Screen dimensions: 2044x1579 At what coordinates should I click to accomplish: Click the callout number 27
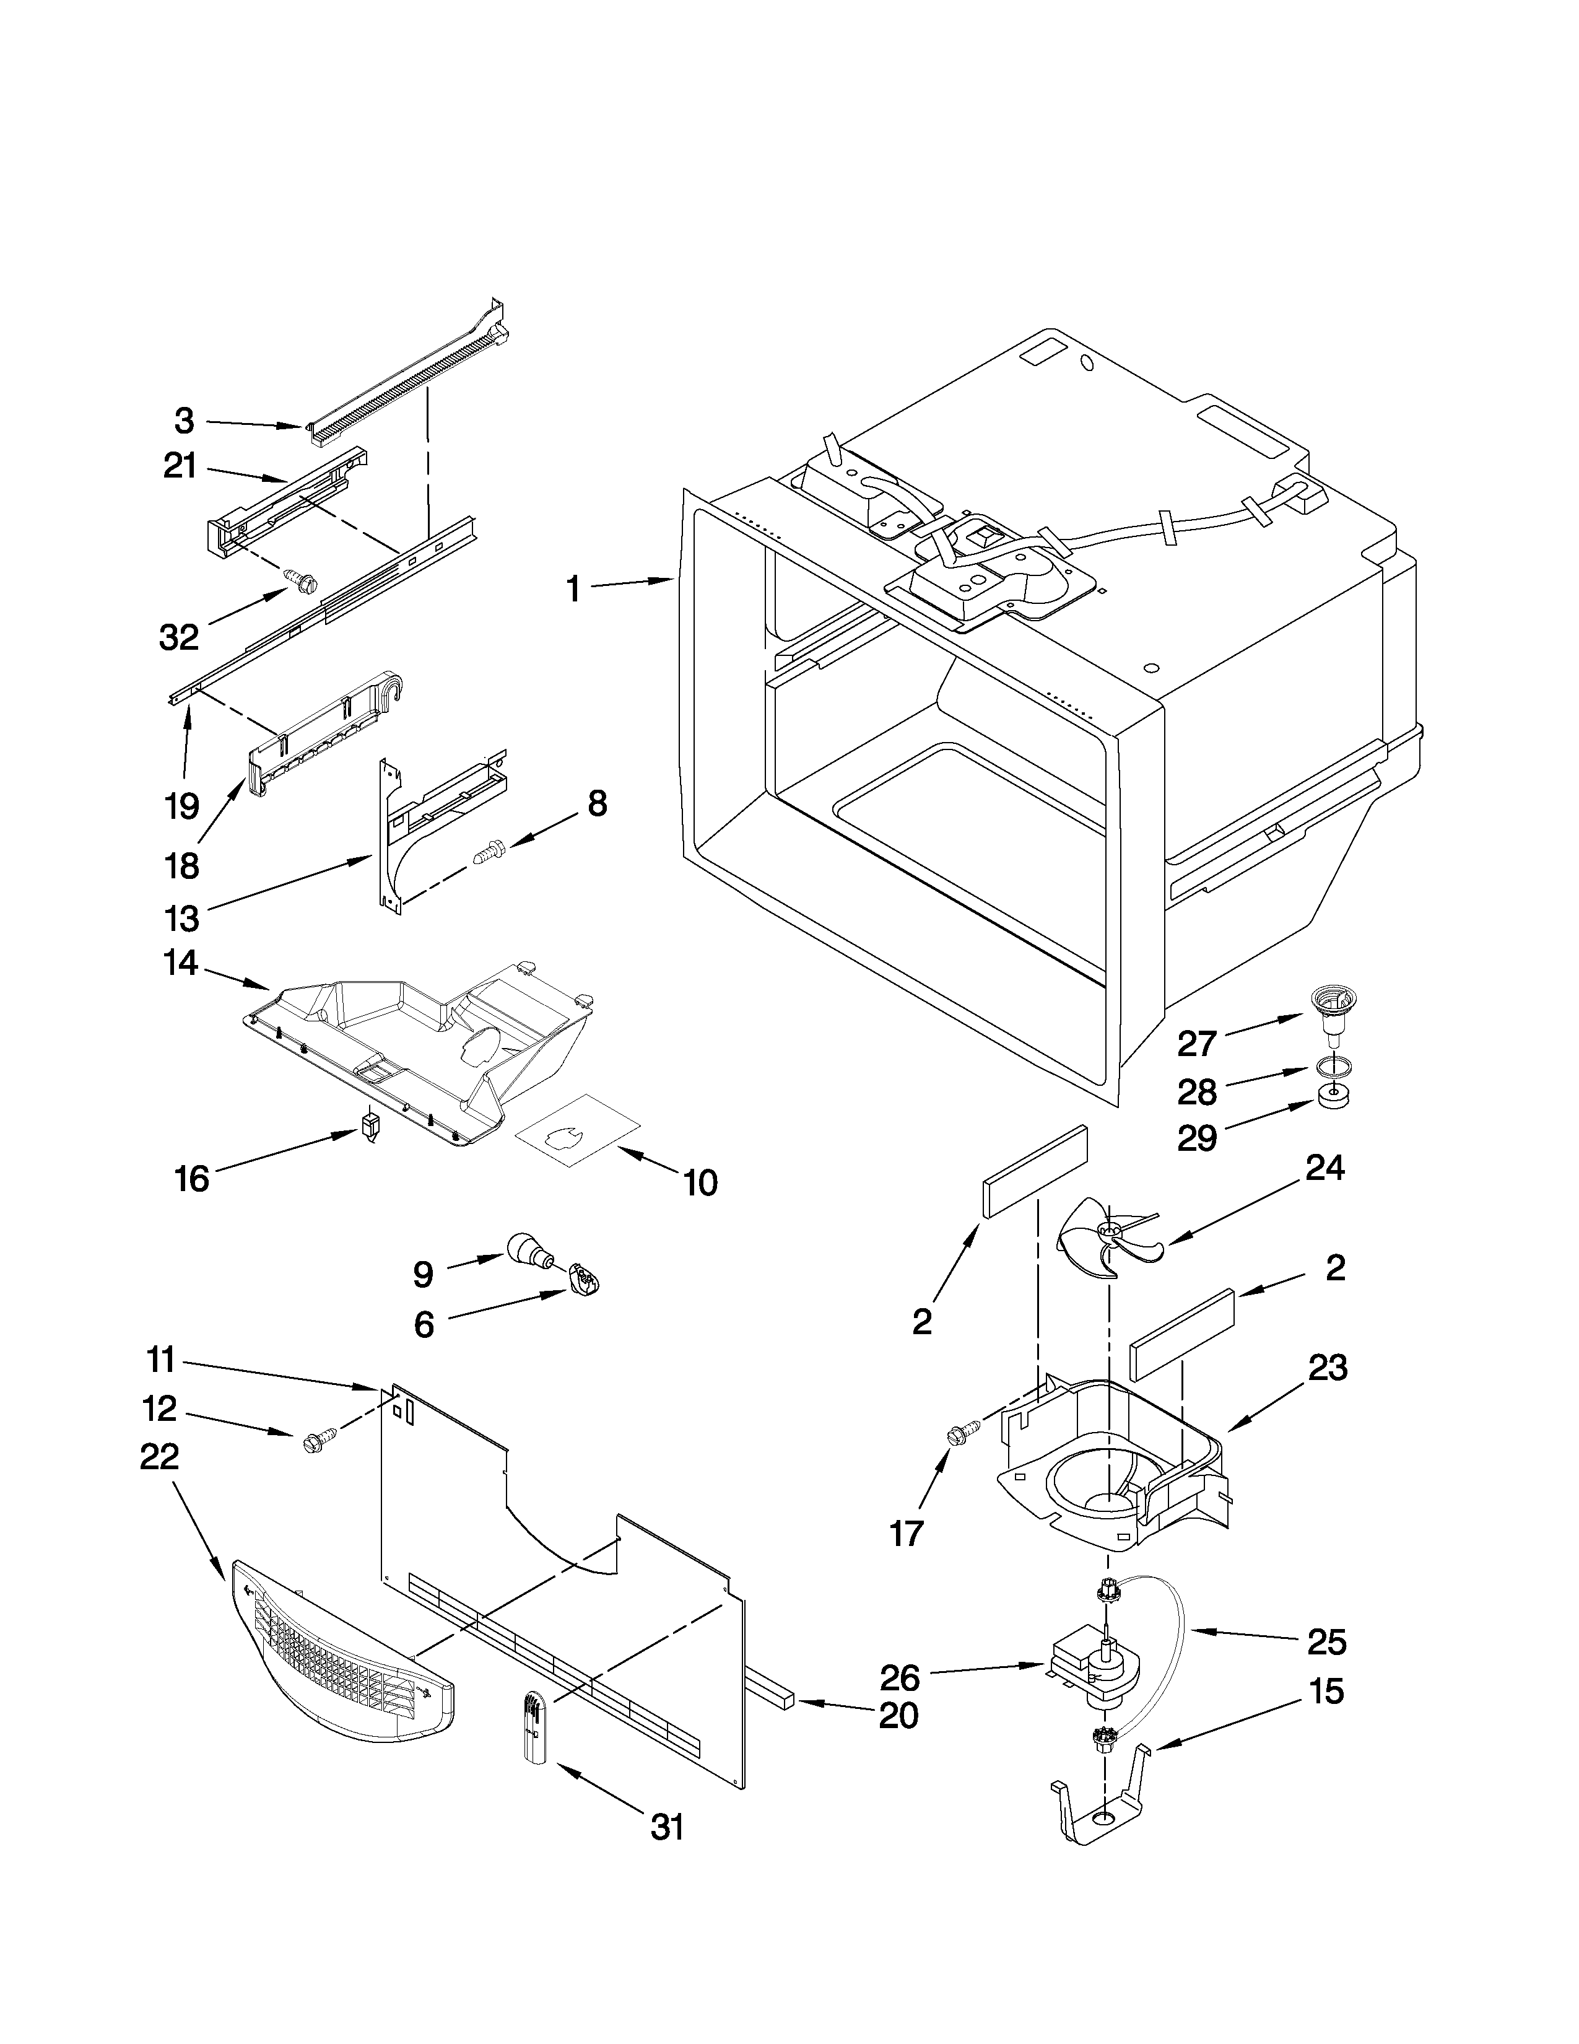(1196, 1044)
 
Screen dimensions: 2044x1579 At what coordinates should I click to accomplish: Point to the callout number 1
(573, 590)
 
